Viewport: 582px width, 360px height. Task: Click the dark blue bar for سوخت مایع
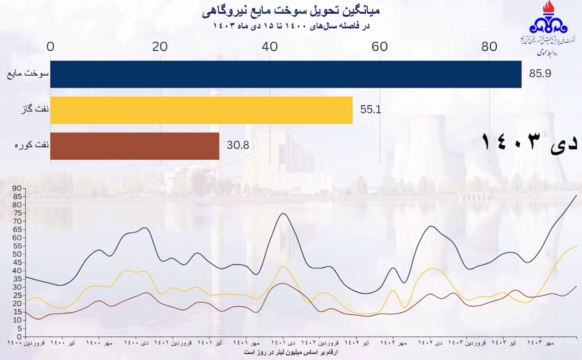[286, 74]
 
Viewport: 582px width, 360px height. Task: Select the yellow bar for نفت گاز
[201, 110]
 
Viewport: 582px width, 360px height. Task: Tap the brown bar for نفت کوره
[134, 146]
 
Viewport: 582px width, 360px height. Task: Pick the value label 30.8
[238, 146]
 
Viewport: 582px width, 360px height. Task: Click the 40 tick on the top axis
[270, 47]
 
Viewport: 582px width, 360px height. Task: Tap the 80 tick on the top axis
[489, 47]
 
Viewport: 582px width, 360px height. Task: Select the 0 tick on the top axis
[51, 47]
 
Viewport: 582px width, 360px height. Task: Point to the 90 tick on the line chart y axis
[17, 189]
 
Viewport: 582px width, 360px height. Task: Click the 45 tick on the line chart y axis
[17, 263]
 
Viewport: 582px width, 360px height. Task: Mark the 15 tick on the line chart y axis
[17, 312]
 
